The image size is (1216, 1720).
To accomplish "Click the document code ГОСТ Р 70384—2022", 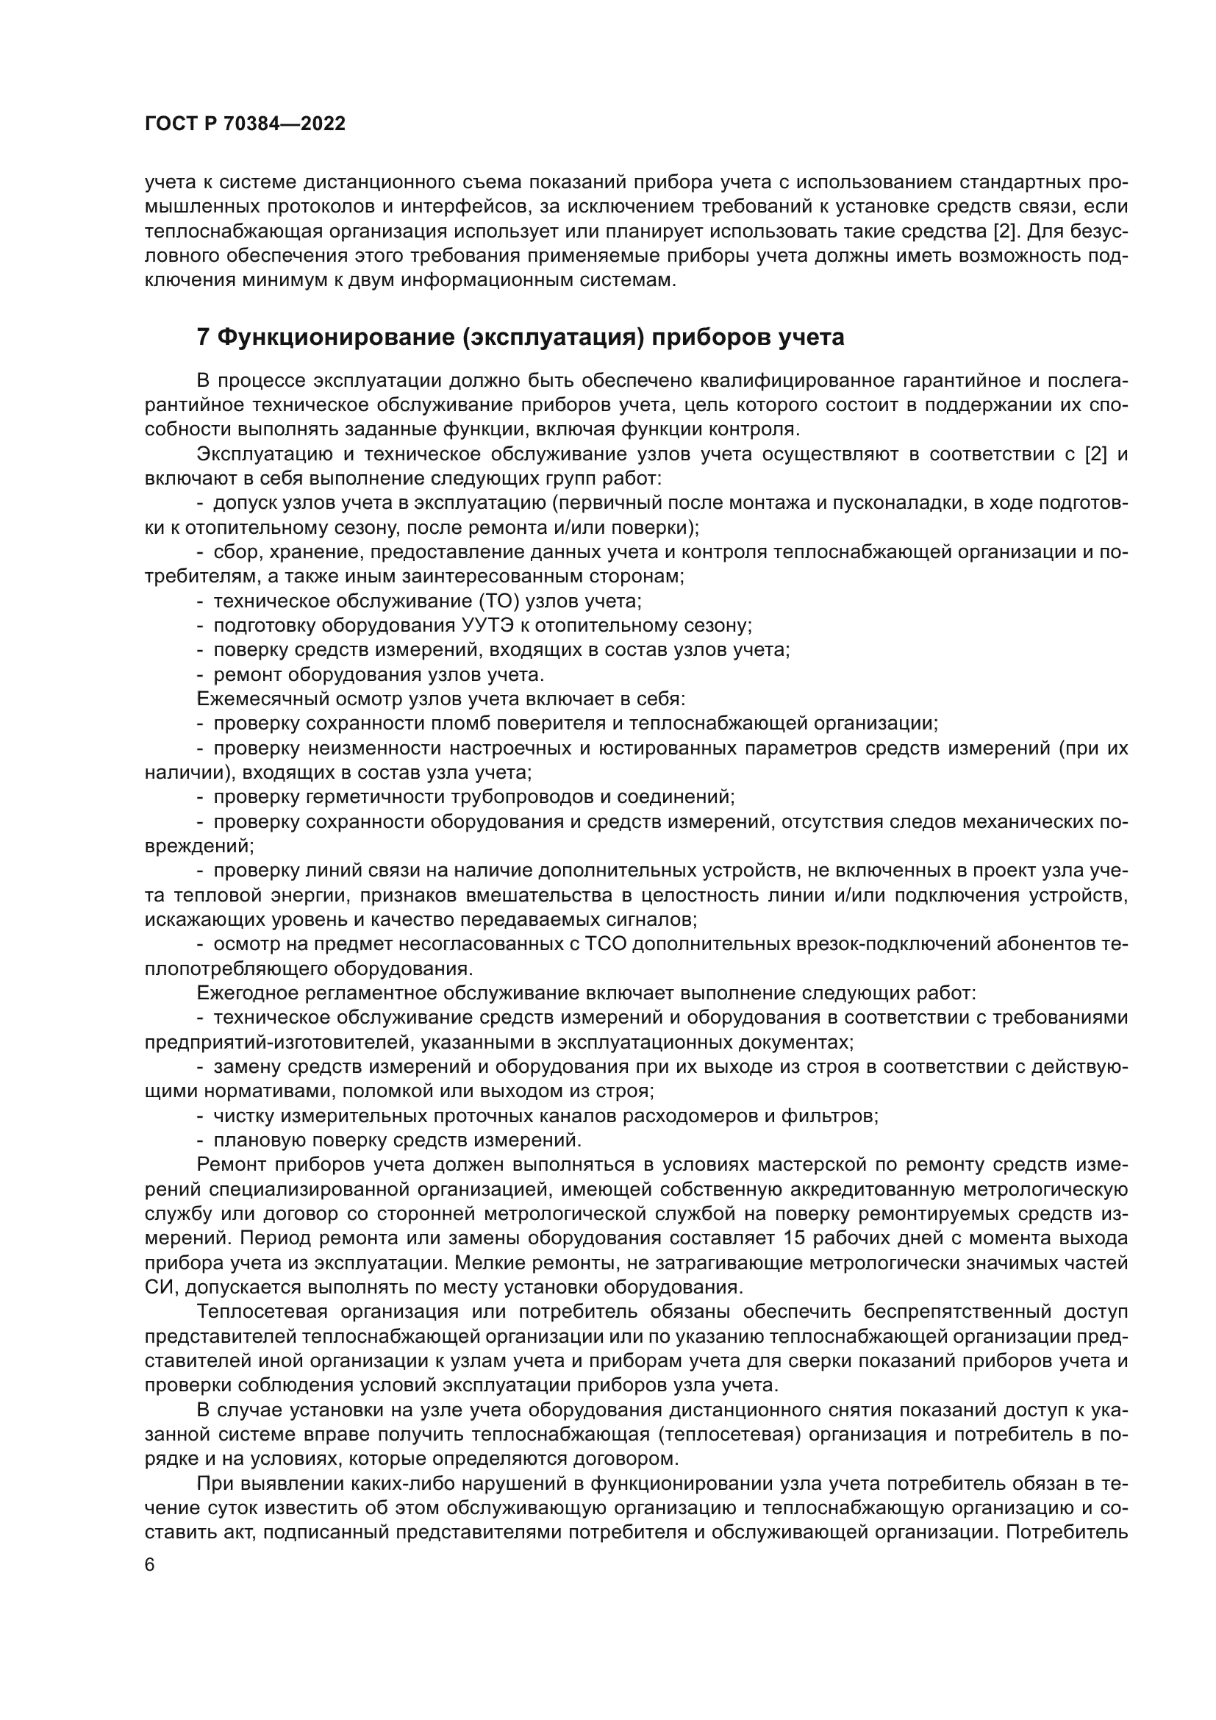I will click(x=245, y=124).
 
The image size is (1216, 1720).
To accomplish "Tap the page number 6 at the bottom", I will click(x=151, y=1566).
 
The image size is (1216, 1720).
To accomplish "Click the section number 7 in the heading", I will click(x=203, y=338).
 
